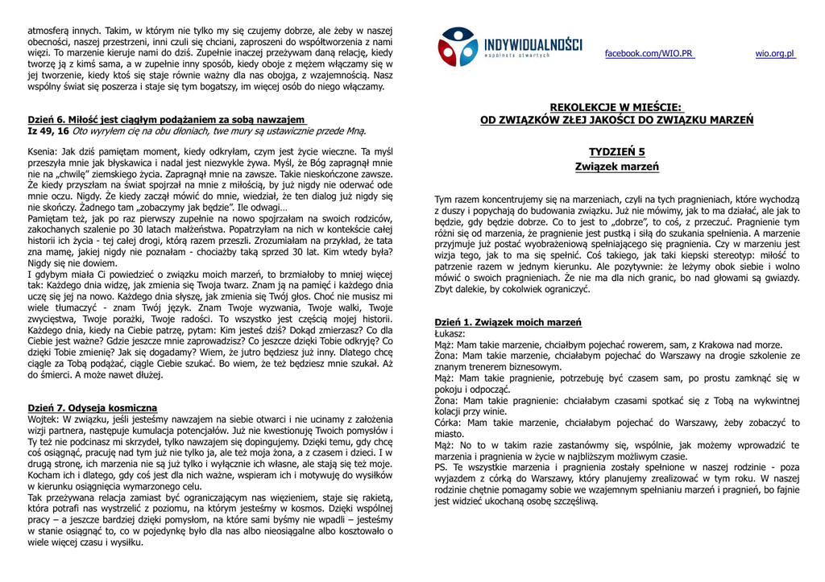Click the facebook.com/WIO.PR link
click(x=649, y=54)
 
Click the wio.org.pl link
click(x=774, y=54)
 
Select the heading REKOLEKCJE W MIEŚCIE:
click(x=616, y=107)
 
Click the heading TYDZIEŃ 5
click(x=616, y=151)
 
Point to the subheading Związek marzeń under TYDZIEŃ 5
click(x=616, y=167)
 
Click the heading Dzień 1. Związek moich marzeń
click(x=508, y=322)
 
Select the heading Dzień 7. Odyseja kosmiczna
click(x=93, y=408)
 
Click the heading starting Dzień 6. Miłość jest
click(x=166, y=120)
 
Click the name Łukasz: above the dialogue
click(x=450, y=333)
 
